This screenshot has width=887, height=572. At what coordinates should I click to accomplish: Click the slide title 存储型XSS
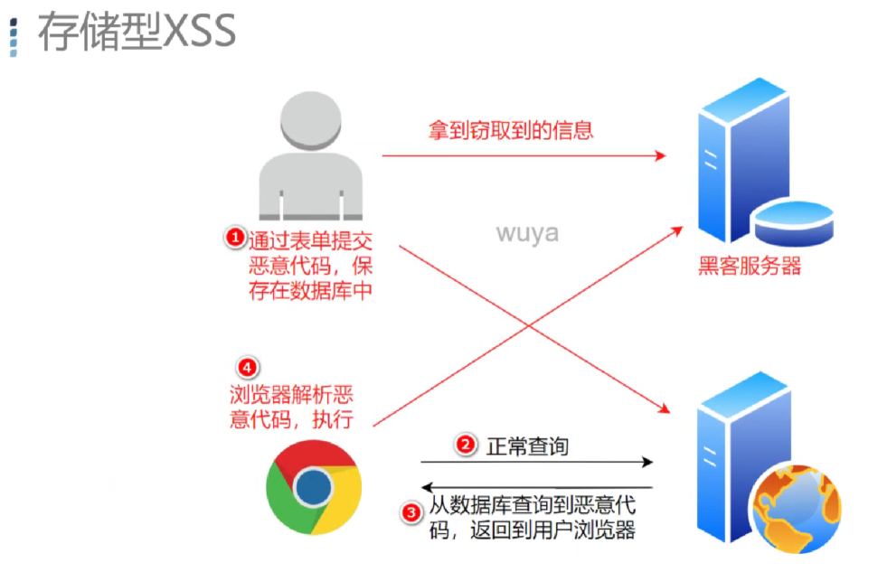(136, 32)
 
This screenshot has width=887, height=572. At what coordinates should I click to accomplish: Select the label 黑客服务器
(750, 267)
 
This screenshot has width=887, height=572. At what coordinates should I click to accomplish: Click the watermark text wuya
(527, 233)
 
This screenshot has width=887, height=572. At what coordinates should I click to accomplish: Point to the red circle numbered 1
(234, 238)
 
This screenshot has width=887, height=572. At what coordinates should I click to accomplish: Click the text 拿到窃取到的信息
(511, 130)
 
